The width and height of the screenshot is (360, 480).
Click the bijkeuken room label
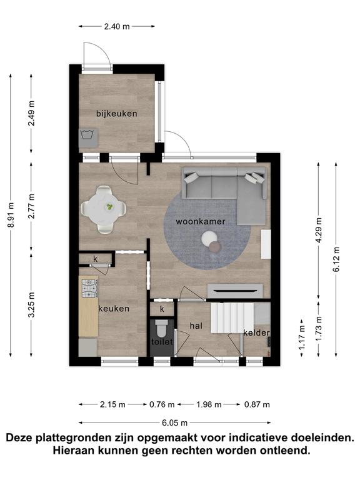[117, 114]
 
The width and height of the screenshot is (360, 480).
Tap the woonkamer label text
[201, 222]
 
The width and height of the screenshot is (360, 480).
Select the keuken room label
[114, 309]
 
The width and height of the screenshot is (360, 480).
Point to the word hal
[196, 326]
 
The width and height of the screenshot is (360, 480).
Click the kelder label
[256, 332]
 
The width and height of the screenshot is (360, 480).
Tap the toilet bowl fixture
[161, 329]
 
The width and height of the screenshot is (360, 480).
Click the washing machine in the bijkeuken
[89, 138]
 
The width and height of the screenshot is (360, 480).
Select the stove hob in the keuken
[90, 288]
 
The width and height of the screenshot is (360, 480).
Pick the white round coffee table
[209, 238]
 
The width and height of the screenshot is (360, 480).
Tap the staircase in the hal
[232, 317]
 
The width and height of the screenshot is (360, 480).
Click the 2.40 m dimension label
[117, 27]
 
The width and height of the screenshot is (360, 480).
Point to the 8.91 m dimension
[11, 215]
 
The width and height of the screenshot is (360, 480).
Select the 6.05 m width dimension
[174, 423]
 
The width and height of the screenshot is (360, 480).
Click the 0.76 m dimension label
[162, 405]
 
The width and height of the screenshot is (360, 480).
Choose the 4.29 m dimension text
[319, 230]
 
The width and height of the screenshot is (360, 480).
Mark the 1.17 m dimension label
[302, 337]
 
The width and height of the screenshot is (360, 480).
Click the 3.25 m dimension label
[31, 305]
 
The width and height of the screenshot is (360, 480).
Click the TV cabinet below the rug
[235, 291]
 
